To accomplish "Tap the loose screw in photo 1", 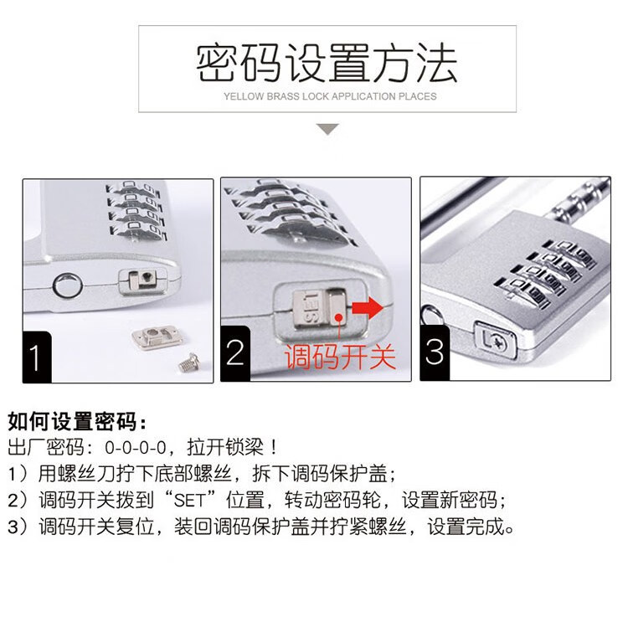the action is [188, 362].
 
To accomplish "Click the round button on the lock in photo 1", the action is [67, 285].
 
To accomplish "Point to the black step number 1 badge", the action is [37, 357].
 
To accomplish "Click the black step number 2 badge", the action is [235, 353].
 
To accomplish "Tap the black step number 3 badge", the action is [435, 352].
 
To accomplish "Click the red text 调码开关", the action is [340, 357].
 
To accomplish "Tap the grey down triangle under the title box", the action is [327, 129].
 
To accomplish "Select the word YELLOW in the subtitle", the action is [244, 96].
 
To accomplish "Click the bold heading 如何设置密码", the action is [77, 421].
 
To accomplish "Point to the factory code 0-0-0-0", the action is [136, 447].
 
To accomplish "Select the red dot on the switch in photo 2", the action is [339, 317].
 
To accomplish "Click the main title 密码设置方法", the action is [327, 63].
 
